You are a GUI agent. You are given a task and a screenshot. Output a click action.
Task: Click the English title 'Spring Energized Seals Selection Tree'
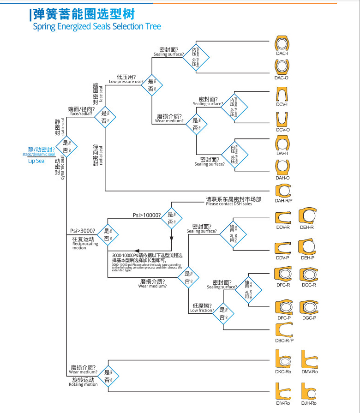[97, 26]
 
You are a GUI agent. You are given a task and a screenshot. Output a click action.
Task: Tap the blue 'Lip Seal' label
[37, 161]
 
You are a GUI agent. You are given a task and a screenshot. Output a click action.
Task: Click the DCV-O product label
[282, 130]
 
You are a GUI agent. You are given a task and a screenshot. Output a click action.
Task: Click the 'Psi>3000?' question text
[83, 231]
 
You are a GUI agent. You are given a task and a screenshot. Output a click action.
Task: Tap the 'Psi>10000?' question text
[147, 215]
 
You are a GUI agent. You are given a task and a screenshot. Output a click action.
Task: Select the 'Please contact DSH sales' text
[229, 204]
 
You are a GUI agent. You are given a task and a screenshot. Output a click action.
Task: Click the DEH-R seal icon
[307, 216]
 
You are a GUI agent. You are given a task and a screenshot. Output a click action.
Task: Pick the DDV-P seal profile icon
[282, 247]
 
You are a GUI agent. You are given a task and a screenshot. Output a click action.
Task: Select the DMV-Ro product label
[309, 372]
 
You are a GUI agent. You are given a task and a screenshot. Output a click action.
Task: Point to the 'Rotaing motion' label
[83, 384]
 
